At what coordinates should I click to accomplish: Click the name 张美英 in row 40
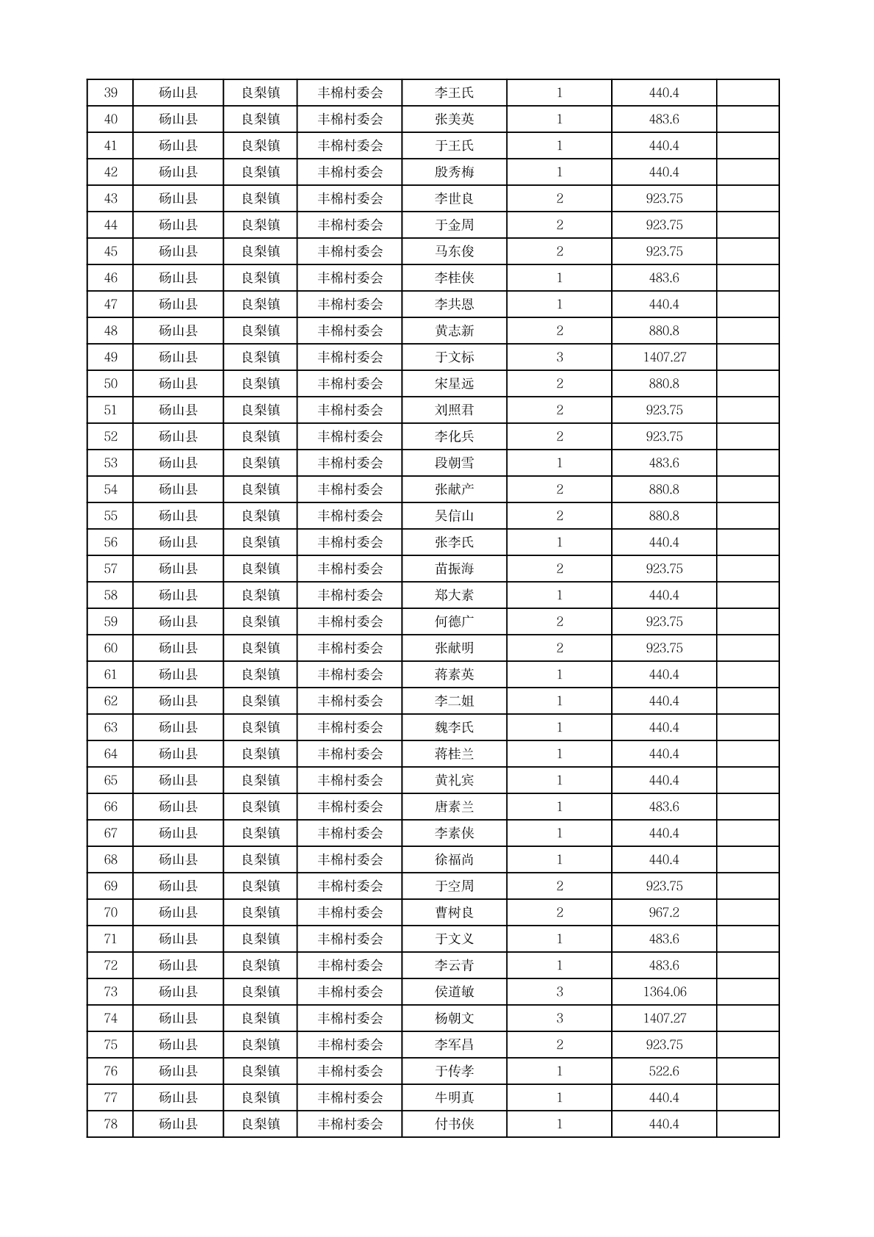(454, 119)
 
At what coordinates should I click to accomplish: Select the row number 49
(110, 357)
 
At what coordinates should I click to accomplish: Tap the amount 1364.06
(664, 992)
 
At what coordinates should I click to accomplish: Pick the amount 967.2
(664, 912)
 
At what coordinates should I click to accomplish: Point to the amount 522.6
(664, 1071)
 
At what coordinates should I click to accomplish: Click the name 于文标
(454, 357)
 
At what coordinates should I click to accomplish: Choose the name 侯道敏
(454, 992)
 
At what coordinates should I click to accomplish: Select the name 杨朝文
(454, 1018)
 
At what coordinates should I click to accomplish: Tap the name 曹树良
(454, 912)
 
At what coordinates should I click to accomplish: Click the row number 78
(110, 1124)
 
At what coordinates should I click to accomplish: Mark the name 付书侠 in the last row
(454, 1124)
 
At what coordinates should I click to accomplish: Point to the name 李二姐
(454, 701)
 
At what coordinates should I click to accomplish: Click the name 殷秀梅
(454, 172)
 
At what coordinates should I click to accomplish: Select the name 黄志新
(454, 331)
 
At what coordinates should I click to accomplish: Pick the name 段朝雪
(454, 463)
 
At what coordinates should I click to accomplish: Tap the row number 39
(110, 93)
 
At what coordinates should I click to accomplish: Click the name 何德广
(454, 621)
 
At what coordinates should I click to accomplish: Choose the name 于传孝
(454, 1071)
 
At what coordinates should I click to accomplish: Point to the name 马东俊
(454, 251)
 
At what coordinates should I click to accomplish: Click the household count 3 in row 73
(559, 992)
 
